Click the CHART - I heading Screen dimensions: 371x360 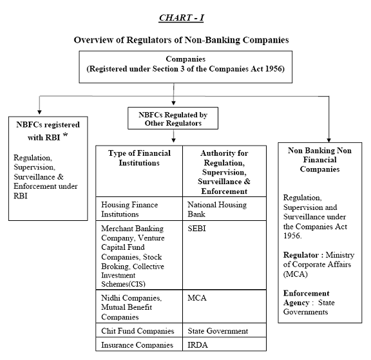point(181,18)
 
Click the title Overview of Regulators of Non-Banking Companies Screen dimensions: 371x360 point(181,40)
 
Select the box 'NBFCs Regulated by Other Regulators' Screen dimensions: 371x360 point(173,118)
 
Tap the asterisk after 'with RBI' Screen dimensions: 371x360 point(65,135)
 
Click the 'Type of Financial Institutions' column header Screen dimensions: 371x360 point(139,171)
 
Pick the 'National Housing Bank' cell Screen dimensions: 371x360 point(224,209)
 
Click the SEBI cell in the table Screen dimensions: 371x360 point(224,255)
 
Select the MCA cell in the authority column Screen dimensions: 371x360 point(224,307)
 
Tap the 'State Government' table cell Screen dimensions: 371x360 point(224,330)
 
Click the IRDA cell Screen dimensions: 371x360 point(224,344)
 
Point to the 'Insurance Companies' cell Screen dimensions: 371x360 point(139,344)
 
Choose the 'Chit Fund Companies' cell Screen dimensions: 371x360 point(139,330)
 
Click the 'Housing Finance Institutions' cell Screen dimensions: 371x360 point(139,209)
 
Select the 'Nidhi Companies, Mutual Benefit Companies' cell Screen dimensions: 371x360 point(139,307)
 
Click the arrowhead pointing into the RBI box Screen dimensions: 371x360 point(39,112)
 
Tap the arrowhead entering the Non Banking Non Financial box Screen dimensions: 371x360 point(328,140)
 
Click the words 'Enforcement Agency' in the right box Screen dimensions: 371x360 point(307,298)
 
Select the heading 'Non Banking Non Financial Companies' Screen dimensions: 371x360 point(319,160)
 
